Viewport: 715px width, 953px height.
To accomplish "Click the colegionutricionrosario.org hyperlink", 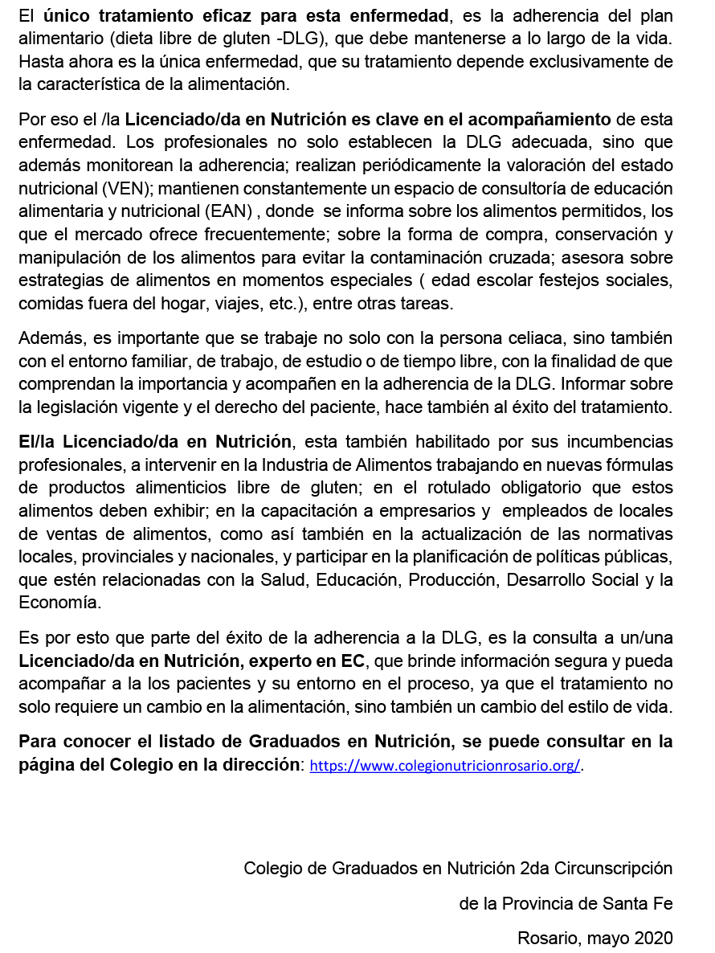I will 445,766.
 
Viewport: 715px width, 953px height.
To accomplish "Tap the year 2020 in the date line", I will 652,937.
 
